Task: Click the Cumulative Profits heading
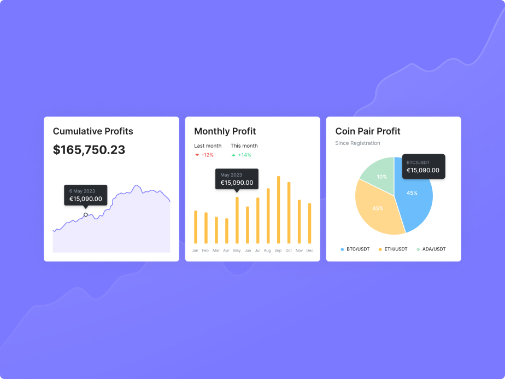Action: (x=93, y=131)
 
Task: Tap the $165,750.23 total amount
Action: (x=89, y=150)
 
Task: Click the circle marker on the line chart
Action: (x=86, y=215)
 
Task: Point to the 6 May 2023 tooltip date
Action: (x=82, y=191)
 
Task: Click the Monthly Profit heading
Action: (x=225, y=131)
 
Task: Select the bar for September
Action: (x=278, y=210)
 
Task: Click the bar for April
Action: (x=226, y=231)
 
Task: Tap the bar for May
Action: (x=237, y=220)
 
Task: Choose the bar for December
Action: (x=309, y=223)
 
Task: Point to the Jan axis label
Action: (x=195, y=250)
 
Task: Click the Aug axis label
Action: (x=267, y=250)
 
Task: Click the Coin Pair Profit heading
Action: (x=368, y=131)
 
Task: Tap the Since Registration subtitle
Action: (x=357, y=143)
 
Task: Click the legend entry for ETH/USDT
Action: (x=395, y=249)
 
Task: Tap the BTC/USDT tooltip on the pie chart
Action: (x=423, y=166)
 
